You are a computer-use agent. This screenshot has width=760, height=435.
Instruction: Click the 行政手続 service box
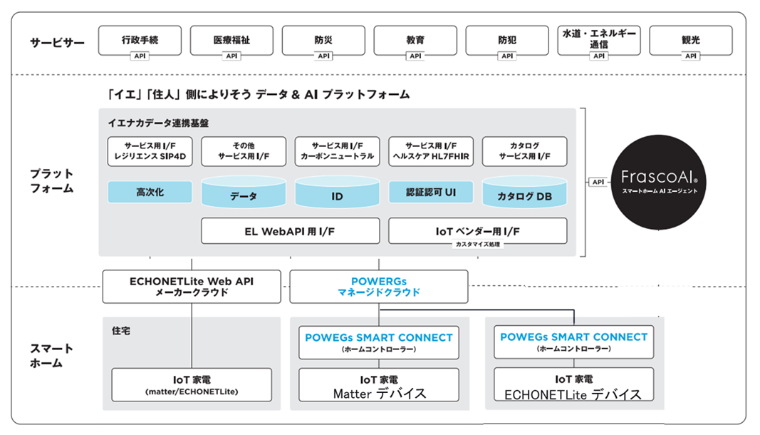pyautogui.click(x=140, y=41)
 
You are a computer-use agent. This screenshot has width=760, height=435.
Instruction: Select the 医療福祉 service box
pyautogui.click(x=231, y=41)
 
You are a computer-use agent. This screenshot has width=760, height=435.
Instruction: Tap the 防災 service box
pyautogui.click(x=323, y=41)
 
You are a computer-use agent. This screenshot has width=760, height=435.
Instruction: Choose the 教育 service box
pyautogui.click(x=415, y=41)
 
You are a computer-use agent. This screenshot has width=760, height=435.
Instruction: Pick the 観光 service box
pyautogui.click(x=690, y=41)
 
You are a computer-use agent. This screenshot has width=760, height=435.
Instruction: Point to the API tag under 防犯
pyautogui.click(x=507, y=56)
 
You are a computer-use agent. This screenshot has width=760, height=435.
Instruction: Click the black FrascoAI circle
pyautogui.click(x=658, y=182)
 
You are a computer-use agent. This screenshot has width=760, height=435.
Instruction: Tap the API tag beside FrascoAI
pyautogui.click(x=597, y=182)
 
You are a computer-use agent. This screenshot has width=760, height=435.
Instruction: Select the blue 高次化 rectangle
pyautogui.click(x=150, y=193)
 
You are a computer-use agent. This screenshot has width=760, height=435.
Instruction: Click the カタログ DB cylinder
pyautogui.click(x=524, y=194)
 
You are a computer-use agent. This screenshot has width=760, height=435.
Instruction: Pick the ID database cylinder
pyautogui.click(x=337, y=194)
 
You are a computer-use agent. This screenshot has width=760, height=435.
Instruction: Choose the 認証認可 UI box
pyautogui.click(x=430, y=192)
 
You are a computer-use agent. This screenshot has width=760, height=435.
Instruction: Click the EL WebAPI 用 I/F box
pyautogui.click(x=290, y=231)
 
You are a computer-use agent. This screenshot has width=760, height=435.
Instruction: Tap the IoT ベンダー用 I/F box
pyautogui.click(x=477, y=231)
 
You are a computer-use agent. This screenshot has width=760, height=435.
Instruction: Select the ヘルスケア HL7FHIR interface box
pyautogui.click(x=430, y=151)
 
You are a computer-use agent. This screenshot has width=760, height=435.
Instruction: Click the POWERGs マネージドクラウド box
pyautogui.click(x=379, y=287)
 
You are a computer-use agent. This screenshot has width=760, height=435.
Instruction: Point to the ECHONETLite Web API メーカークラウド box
pyautogui.click(x=192, y=287)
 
